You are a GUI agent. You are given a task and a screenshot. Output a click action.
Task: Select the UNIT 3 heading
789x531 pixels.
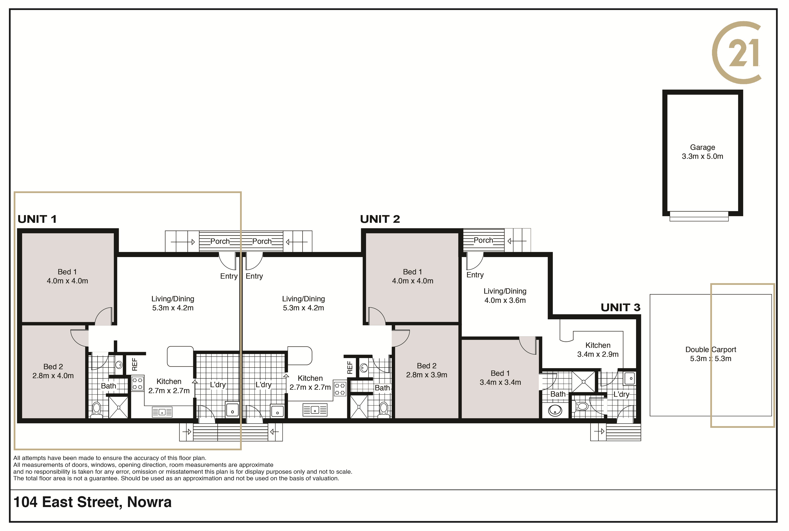click(620, 308)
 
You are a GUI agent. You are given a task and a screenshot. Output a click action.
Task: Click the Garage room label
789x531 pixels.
click(702, 147)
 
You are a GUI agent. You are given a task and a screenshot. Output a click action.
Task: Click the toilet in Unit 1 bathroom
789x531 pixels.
click(96, 410)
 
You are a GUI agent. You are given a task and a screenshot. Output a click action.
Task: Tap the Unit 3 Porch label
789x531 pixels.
click(483, 240)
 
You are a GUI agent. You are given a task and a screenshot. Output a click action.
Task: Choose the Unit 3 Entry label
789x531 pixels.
click(475, 275)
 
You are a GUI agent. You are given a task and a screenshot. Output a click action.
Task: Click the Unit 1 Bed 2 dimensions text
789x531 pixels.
click(53, 376)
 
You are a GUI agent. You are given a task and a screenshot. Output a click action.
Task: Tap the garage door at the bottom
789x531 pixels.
click(699, 216)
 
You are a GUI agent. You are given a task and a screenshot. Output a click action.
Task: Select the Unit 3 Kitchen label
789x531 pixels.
click(598, 345)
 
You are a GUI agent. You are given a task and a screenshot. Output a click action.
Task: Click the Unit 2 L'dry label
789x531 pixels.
click(263, 385)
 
